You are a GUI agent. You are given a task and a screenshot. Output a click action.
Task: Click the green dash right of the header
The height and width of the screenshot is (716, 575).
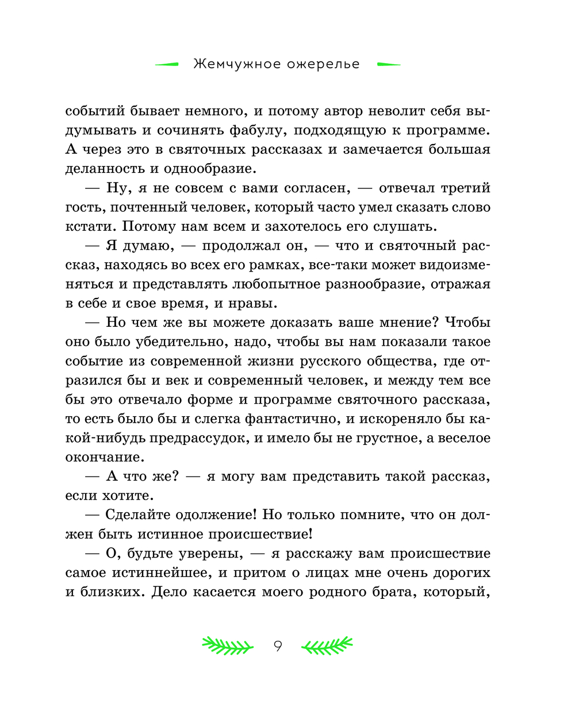coord(388,65)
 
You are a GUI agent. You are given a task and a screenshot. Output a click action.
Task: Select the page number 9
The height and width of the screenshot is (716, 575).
coord(278,647)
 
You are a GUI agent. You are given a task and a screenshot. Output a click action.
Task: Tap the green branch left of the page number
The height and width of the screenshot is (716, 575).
coord(227,647)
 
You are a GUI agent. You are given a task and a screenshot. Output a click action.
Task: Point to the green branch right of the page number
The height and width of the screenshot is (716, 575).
coord(327,647)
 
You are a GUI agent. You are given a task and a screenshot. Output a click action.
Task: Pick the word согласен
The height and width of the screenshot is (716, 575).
coord(313,188)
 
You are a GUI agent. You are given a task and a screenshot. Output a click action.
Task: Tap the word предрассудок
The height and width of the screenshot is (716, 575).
coord(199,438)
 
